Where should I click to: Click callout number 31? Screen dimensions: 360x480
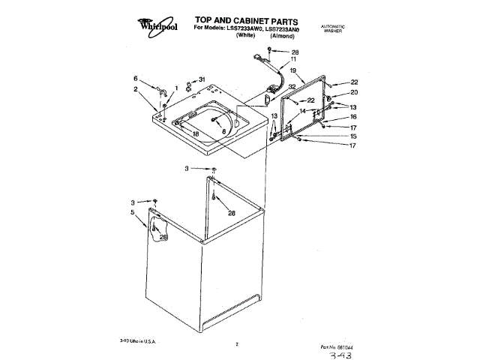coord(202,79)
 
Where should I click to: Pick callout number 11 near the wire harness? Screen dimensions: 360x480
coord(293,59)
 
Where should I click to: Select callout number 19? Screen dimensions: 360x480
coord(293,70)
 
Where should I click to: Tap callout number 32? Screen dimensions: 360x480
coord(291,86)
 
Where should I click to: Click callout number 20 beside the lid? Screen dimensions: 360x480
coord(355,92)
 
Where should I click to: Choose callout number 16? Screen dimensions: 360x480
coord(354,117)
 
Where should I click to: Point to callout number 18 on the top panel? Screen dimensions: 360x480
coord(196,133)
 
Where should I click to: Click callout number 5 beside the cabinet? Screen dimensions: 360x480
coord(133,212)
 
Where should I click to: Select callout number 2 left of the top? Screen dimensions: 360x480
coord(135,89)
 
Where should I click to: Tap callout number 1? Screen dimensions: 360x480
coord(175,88)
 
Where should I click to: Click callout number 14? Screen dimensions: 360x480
coord(302,111)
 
